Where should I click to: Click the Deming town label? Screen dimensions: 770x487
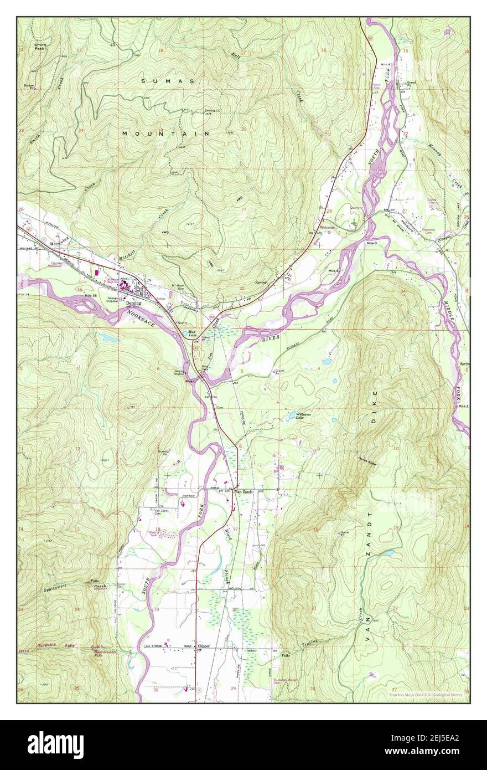pos(133,304)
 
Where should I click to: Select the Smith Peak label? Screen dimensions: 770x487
pos(39,47)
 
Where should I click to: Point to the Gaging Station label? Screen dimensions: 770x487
pos(179,373)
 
